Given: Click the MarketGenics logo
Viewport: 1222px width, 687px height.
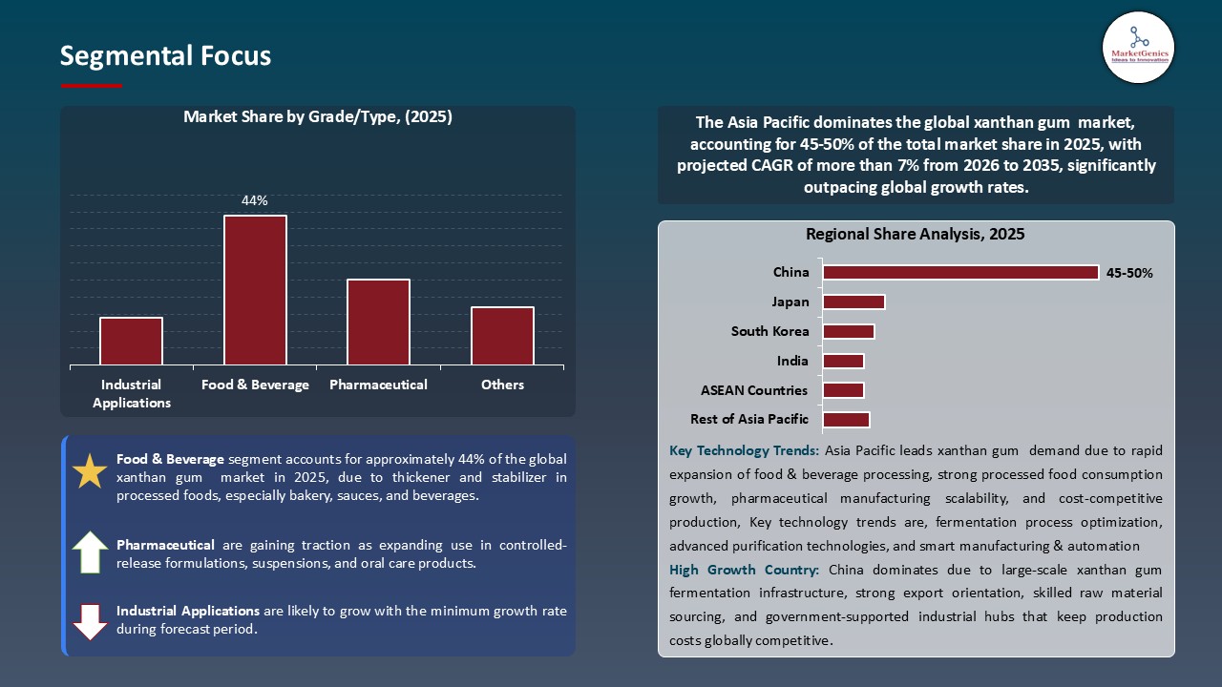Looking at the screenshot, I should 1138,48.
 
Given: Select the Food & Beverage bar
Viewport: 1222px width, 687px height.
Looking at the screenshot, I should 255,290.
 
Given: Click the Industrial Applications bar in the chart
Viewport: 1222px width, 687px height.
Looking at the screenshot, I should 131,341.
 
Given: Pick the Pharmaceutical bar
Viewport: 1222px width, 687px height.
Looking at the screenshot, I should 378,322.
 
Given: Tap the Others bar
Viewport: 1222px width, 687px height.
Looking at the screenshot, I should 502,336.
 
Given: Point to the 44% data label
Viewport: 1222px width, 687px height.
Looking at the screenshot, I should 255,201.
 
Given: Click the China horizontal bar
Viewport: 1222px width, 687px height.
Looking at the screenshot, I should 960,273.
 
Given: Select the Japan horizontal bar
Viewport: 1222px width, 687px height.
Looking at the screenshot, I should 853,302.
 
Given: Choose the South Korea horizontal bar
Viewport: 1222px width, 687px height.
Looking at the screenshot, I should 848,332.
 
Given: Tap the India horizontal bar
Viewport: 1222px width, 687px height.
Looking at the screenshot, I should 843,362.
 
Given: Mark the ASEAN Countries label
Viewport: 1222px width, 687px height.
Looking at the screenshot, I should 754,390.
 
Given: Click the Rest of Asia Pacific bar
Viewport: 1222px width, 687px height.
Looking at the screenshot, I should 846,420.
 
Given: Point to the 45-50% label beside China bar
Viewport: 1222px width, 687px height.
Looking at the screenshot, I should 1129,273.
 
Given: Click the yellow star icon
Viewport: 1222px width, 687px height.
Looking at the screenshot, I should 91,472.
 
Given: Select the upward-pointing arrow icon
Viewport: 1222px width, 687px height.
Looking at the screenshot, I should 91,552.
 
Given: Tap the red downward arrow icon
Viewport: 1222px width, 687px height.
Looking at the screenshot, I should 91,621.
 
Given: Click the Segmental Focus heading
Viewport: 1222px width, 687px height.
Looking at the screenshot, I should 165,56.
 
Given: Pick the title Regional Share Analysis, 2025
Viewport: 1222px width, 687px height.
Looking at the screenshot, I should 915,235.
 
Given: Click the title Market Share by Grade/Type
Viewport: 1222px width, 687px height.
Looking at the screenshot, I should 317,117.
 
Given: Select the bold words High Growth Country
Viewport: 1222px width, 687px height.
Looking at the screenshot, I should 744,570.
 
